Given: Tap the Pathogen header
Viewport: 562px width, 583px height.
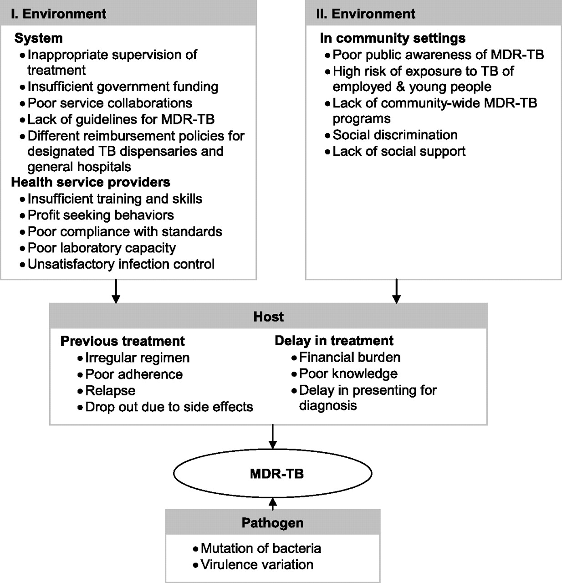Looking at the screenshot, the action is [x=273, y=523].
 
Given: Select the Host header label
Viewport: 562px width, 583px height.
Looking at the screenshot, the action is [x=268, y=317].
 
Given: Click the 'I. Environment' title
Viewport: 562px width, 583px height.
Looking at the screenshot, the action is [x=58, y=14].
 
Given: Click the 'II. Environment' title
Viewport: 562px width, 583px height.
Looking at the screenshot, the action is [x=366, y=14].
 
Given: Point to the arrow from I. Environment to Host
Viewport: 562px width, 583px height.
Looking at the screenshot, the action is [x=116, y=291].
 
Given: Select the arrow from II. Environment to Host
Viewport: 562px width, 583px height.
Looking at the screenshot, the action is [x=396, y=291].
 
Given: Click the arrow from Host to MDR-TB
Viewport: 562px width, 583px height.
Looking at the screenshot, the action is [x=273, y=437].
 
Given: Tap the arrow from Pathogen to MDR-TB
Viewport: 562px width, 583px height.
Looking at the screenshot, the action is [x=273, y=504].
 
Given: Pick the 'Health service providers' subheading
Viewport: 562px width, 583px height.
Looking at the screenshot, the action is [x=91, y=182].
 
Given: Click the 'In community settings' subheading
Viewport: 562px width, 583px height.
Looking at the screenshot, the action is [x=393, y=38].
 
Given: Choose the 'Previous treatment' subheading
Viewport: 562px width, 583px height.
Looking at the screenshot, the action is [x=123, y=341].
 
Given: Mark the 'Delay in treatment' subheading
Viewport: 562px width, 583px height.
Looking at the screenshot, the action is [x=334, y=341].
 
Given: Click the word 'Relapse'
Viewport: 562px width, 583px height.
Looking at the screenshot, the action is [x=110, y=391].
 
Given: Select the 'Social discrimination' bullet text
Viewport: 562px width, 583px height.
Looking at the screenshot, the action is [x=395, y=135].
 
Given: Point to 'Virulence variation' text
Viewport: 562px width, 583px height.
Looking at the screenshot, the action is [x=257, y=565].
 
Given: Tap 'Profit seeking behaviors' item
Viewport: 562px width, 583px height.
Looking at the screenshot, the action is [x=101, y=215].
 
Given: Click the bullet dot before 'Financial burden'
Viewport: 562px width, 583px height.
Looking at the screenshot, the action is [x=294, y=358].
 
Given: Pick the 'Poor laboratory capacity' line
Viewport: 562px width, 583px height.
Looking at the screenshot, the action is [x=102, y=248].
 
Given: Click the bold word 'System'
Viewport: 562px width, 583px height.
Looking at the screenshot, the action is [x=39, y=38].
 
